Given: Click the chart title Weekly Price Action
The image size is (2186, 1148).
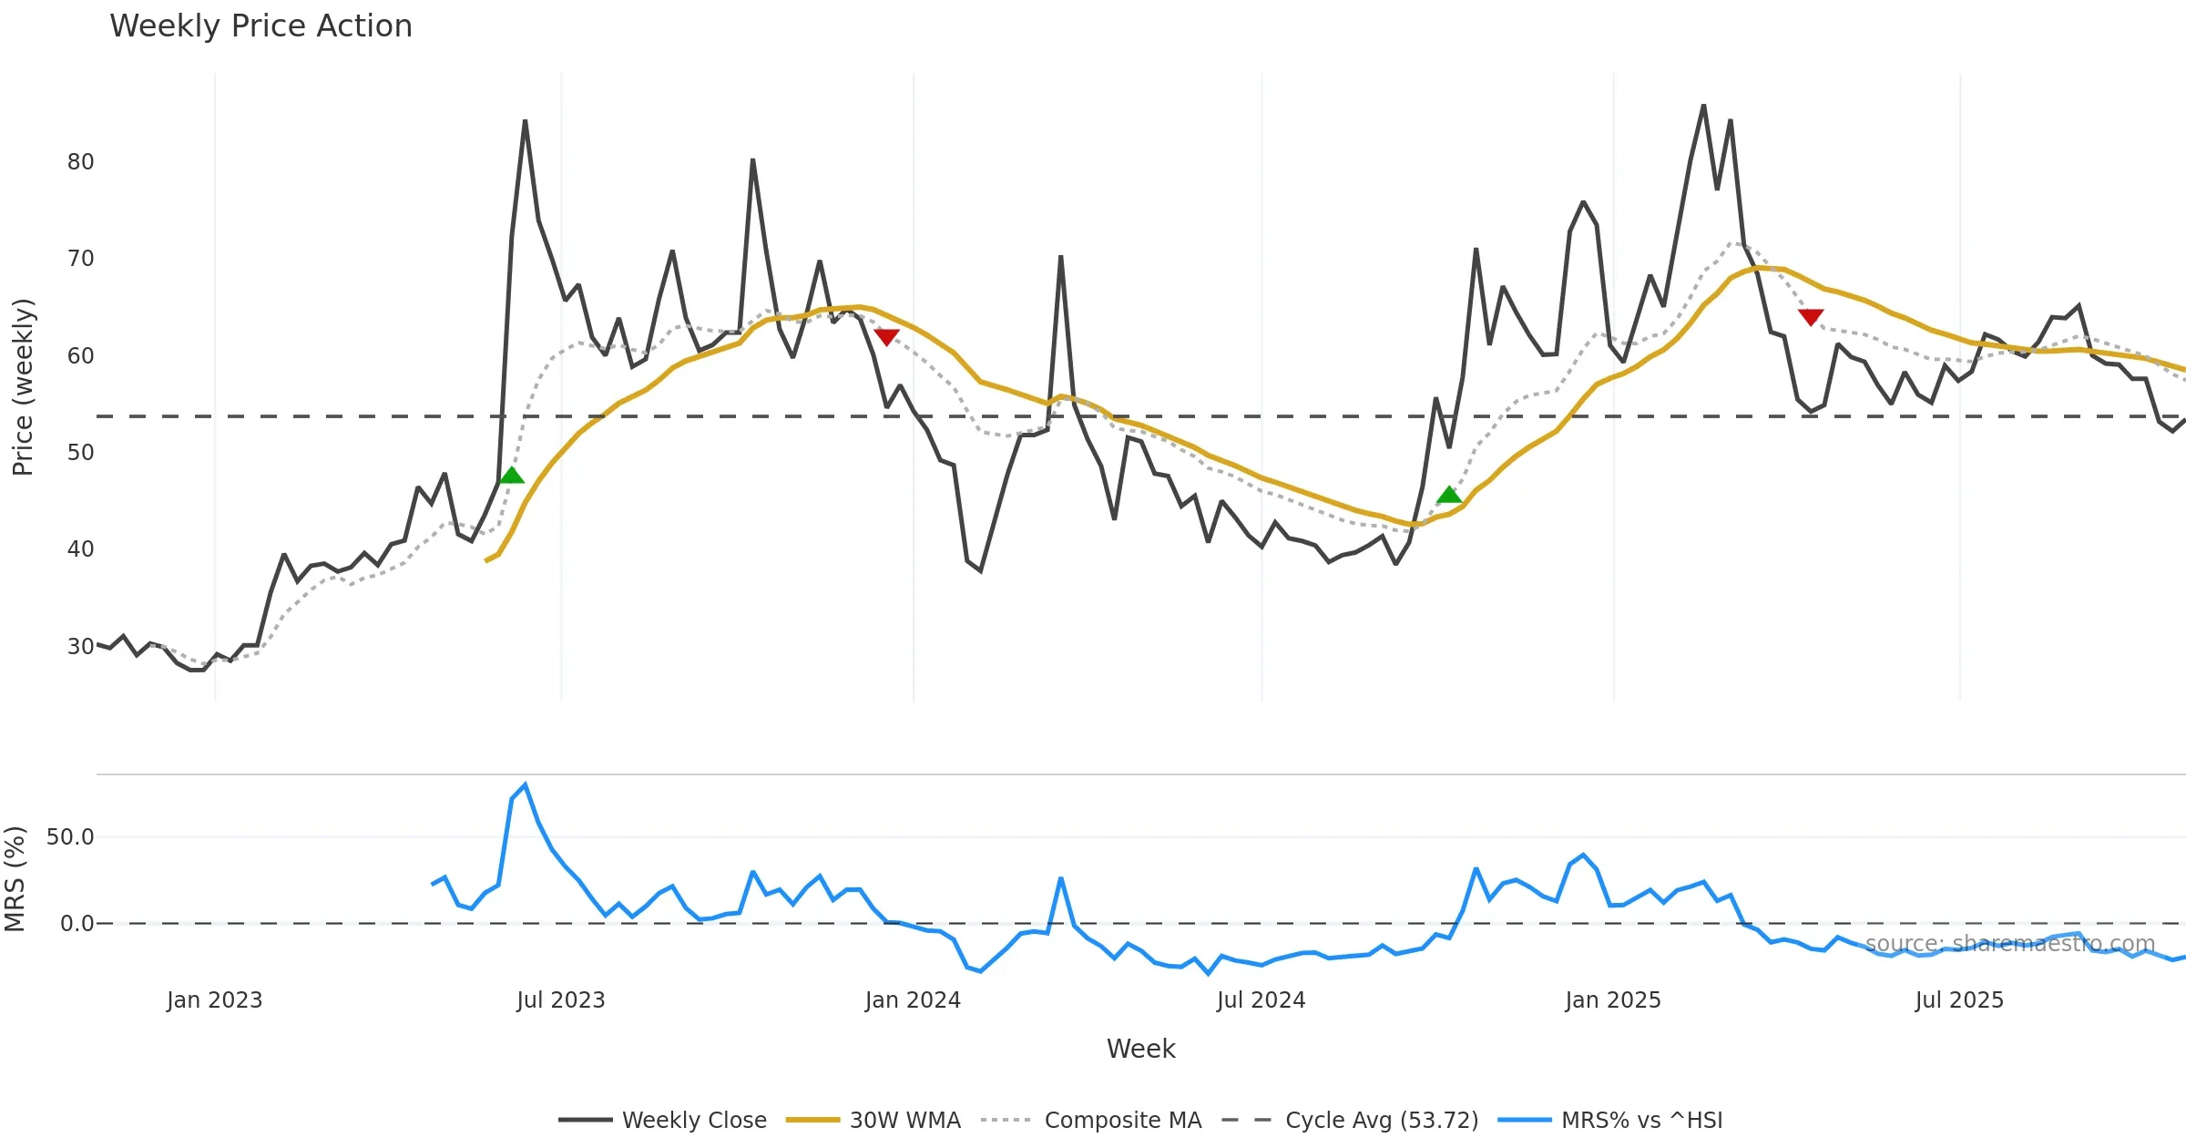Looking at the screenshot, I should point(260,26).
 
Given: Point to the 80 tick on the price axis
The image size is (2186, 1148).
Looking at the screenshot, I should point(80,162).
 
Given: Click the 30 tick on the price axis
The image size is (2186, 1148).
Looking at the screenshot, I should point(80,647).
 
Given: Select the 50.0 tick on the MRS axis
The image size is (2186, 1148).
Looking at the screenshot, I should point(70,837).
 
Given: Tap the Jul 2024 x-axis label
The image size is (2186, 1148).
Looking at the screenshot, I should point(1261,1000).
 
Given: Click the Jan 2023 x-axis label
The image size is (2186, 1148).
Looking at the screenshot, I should point(214,1000).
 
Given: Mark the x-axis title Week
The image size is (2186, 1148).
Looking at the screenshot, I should point(1140,1050).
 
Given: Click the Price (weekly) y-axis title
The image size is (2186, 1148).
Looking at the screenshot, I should point(23,387).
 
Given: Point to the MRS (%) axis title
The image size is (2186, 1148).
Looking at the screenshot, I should point(15,879).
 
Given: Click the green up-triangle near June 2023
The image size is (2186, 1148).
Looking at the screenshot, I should point(512,476).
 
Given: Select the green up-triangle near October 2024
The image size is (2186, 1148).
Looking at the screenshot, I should point(1449,496).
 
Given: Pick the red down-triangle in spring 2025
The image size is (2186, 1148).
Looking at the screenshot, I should point(1811,316).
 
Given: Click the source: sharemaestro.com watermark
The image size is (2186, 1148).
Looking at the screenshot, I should point(2009,944).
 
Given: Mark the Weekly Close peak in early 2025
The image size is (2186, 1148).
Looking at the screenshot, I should point(1703,106).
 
